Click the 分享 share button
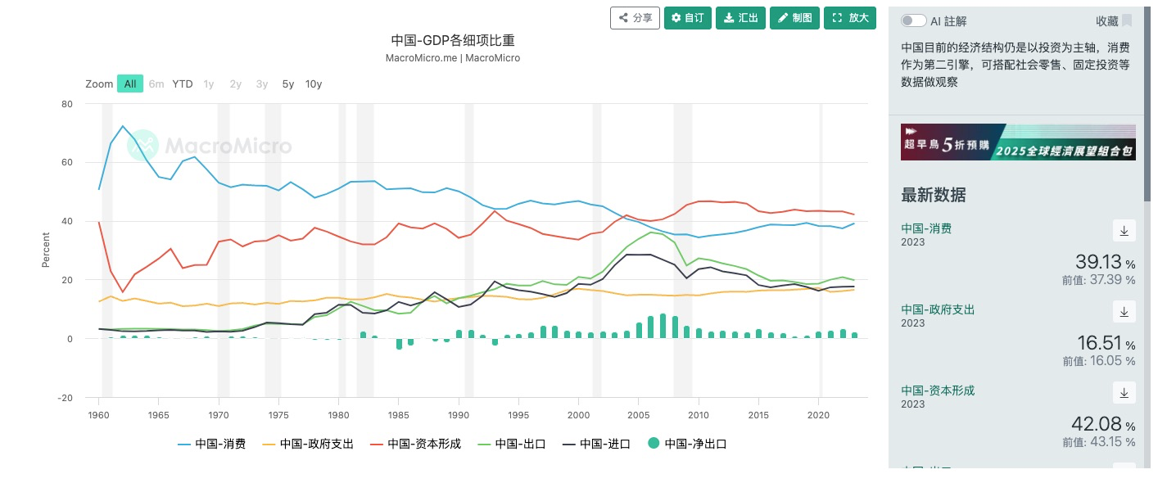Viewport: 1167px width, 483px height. click(x=635, y=18)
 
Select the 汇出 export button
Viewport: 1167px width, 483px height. click(x=740, y=18)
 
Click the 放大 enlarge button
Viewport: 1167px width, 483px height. click(x=849, y=18)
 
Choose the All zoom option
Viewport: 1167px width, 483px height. click(x=129, y=84)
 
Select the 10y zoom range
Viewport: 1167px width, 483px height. click(x=314, y=84)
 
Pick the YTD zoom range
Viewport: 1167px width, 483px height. click(x=183, y=84)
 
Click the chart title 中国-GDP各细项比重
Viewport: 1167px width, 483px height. click(x=452, y=40)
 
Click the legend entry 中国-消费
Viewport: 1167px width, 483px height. click(x=211, y=444)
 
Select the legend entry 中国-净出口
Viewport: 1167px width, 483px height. click(x=687, y=444)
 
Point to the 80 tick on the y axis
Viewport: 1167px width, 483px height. click(x=67, y=104)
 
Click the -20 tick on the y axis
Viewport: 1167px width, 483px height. click(x=66, y=398)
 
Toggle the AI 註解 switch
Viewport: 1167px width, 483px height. click(x=913, y=20)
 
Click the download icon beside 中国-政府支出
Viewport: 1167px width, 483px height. click(x=1124, y=312)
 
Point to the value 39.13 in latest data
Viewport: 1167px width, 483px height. click(x=1098, y=262)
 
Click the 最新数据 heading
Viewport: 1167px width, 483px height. click(x=933, y=195)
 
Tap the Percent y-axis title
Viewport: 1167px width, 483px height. click(x=46, y=251)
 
